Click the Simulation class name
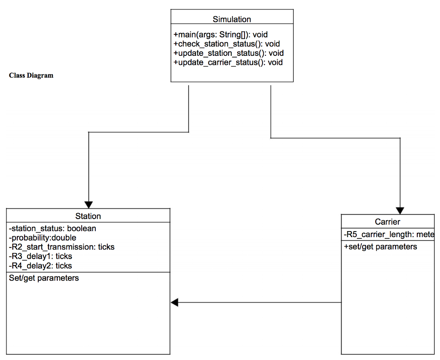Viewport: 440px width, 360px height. tap(232, 19)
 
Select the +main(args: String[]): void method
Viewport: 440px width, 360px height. tap(220, 35)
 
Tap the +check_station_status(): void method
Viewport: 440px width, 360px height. tap(226, 44)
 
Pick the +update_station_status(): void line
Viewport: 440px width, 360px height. tap(228, 53)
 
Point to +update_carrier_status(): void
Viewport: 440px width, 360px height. tap(228, 62)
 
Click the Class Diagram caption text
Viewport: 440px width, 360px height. tap(31, 76)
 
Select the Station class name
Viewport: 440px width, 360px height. tap(88, 216)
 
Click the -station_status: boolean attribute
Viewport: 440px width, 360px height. tap(52, 229)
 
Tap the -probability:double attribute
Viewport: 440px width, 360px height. tap(43, 238)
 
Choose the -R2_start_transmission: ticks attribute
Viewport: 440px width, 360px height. tap(61, 247)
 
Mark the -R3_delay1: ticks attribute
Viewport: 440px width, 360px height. tap(40, 256)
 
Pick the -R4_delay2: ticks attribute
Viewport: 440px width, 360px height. tap(40, 266)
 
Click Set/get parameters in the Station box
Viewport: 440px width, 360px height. tap(44, 278)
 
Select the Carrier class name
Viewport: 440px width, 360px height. tap(387, 222)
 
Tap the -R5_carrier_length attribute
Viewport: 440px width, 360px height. tap(389, 235)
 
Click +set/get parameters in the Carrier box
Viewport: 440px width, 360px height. tap(380, 247)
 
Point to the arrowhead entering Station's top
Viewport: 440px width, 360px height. tap(89, 204)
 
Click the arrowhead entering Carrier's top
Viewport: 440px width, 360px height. tap(400, 211)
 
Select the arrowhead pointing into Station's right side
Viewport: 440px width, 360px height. tap(174, 302)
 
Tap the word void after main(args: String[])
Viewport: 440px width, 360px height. tap(260, 35)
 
